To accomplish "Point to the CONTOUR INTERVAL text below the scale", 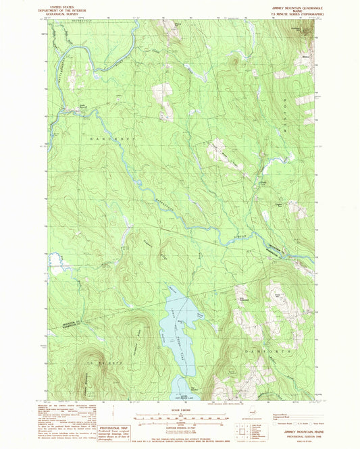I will click(179, 423).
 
